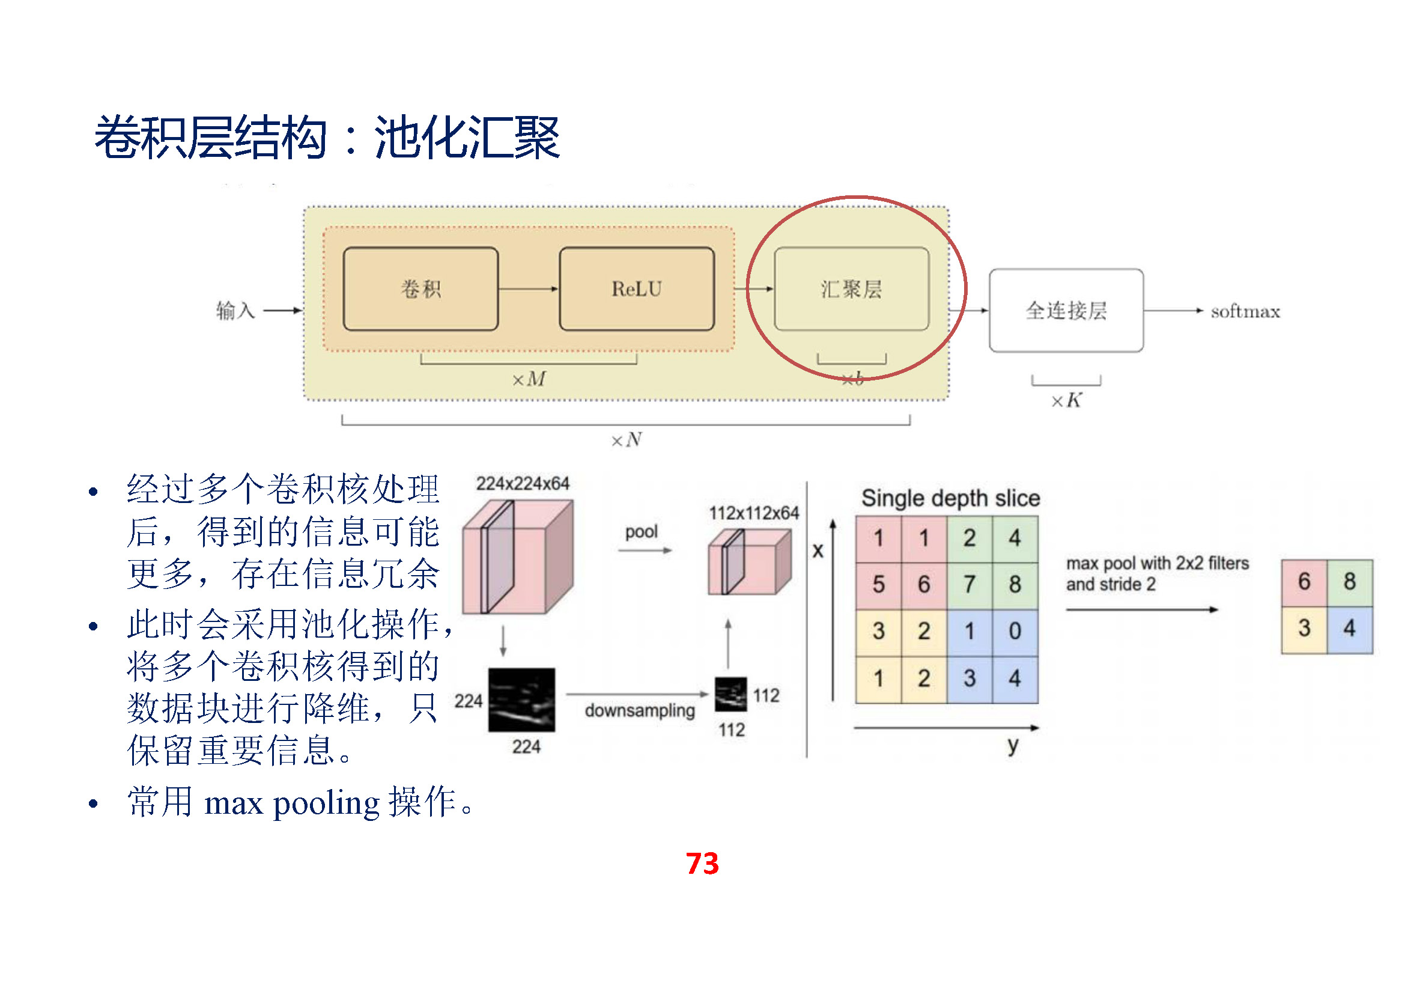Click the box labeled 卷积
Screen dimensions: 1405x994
pos(420,289)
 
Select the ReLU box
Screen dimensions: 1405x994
pos(636,289)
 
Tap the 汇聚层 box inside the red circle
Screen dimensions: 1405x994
pos(851,289)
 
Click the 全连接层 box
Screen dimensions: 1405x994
pos(1066,310)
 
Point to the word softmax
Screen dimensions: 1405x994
pos(1245,311)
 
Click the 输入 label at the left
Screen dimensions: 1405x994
pos(235,310)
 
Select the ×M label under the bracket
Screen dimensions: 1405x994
pos(529,379)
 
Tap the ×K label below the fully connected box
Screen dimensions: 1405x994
pos(1066,401)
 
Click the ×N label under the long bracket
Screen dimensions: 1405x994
pos(627,440)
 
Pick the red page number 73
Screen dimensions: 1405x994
pos(702,864)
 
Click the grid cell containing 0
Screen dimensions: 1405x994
pos(1015,631)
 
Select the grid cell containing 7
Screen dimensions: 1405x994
pos(970,585)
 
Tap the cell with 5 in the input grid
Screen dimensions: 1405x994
pos(878,585)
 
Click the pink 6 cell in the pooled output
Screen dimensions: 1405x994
pos(1304,582)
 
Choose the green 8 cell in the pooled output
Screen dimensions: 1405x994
pos(1349,582)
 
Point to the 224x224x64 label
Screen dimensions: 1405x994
pos(523,484)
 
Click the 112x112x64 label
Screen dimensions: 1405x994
pos(754,513)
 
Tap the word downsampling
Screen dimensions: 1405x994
pos(640,710)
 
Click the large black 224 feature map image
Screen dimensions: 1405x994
pos(521,700)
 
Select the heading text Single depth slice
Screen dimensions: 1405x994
pos(950,498)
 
